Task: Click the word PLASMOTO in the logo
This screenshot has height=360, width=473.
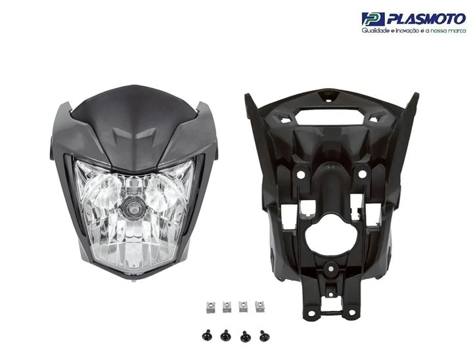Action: (426, 19)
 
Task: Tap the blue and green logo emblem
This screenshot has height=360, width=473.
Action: (373, 19)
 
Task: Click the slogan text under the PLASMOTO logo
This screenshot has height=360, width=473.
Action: (414, 30)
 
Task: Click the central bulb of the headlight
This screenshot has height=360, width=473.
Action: (132, 208)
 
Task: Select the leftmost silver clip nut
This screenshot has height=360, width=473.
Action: (211, 307)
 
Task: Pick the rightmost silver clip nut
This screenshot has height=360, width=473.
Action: (259, 306)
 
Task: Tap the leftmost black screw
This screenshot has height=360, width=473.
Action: (207, 335)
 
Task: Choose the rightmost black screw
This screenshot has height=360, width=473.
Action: (265, 336)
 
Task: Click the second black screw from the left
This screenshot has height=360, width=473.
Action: (225, 335)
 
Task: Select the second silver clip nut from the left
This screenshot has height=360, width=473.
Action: (227, 307)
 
